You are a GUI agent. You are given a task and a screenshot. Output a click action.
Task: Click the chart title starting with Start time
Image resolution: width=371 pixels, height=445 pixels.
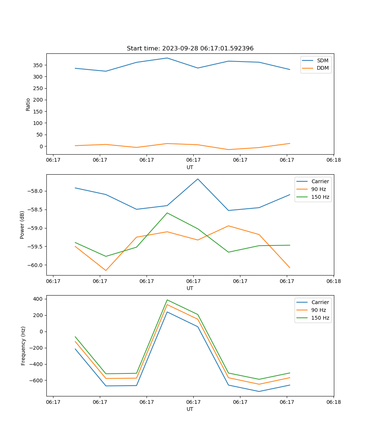[x=190, y=49]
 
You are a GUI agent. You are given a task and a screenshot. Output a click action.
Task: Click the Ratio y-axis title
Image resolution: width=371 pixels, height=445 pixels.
[x=28, y=104]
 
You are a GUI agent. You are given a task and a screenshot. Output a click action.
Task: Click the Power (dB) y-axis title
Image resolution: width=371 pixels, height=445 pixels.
[x=22, y=225]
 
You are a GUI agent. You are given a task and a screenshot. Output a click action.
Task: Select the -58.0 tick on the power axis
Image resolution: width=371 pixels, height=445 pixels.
[x=36, y=191]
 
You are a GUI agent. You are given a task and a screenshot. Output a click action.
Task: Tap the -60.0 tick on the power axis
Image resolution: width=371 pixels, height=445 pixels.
[x=36, y=265]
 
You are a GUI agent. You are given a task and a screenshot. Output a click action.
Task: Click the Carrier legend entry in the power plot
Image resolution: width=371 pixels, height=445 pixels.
[x=320, y=181]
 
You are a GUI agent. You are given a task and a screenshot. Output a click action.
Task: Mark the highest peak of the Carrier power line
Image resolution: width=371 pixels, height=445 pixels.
[x=198, y=179]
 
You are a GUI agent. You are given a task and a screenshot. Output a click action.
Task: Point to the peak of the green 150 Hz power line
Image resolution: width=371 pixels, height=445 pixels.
[x=167, y=213]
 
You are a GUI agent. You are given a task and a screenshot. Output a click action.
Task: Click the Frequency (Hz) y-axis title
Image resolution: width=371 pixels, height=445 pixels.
[x=23, y=346]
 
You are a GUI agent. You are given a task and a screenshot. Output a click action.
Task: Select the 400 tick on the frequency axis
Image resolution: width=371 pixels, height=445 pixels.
[x=38, y=299]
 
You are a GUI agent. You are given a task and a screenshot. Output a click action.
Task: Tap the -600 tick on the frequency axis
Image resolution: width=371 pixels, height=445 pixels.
[x=36, y=380]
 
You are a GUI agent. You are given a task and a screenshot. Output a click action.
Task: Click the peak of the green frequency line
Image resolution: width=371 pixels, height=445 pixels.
[x=167, y=300]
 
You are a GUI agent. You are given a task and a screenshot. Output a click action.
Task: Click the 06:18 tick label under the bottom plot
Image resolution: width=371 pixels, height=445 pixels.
[x=334, y=402]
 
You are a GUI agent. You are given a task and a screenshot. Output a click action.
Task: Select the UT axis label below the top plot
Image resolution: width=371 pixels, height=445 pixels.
[x=190, y=167]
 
